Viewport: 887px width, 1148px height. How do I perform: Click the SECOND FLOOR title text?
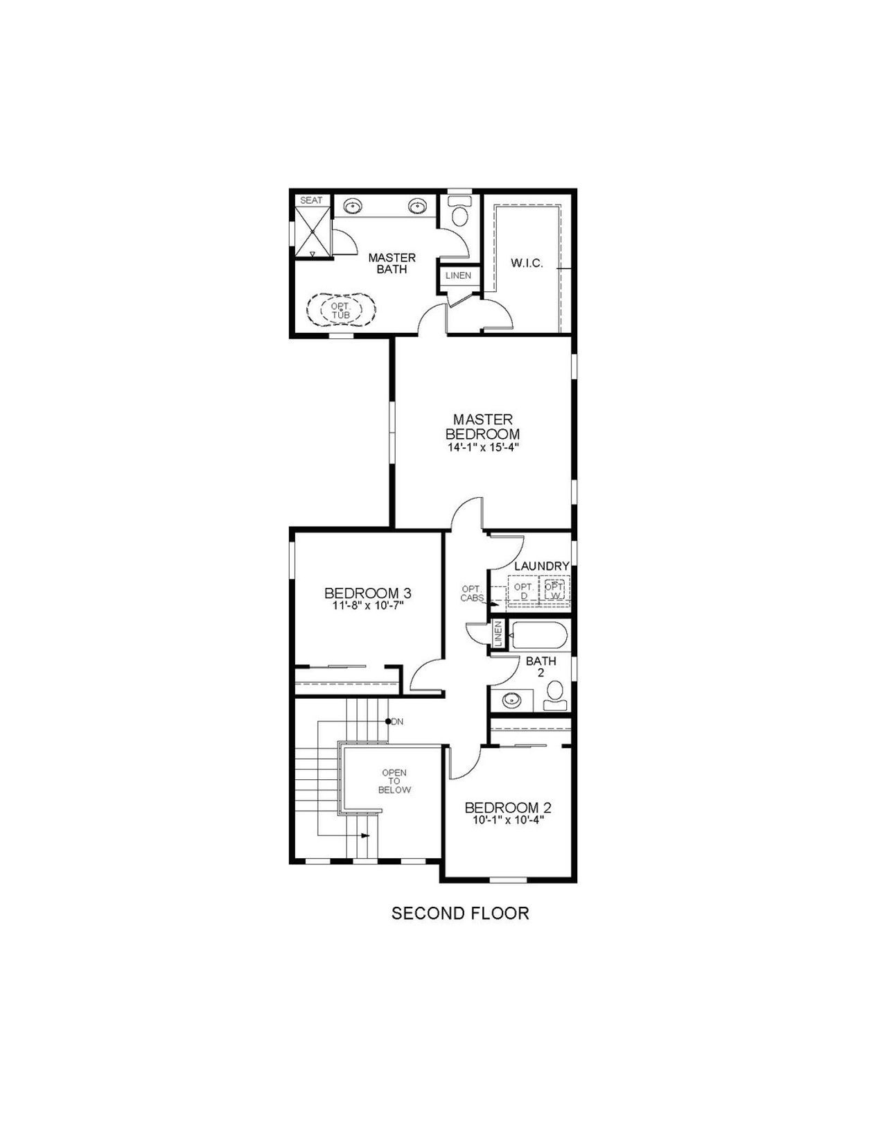460,913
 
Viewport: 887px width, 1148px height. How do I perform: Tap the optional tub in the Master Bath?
341,310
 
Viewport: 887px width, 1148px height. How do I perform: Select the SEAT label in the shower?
311,200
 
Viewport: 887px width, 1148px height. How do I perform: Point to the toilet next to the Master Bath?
459,212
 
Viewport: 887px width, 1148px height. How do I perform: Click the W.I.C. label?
527,263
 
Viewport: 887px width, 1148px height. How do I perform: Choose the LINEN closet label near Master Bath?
458,275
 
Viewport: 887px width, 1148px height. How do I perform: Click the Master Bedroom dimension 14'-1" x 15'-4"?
482,448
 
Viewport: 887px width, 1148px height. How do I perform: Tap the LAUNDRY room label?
541,566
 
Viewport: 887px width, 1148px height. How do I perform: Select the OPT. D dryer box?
524,591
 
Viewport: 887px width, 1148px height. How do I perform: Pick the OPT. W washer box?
554,591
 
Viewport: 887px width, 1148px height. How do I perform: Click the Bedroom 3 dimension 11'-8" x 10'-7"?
367,605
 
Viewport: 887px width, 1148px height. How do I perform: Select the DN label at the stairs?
396,722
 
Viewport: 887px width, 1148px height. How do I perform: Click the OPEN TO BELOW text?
394,781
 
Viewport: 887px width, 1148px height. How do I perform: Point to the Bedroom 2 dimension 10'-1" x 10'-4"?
507,819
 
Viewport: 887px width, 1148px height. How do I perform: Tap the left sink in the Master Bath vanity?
354,206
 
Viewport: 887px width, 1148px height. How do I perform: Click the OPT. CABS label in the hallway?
472,593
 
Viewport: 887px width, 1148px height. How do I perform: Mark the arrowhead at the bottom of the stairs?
365,835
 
